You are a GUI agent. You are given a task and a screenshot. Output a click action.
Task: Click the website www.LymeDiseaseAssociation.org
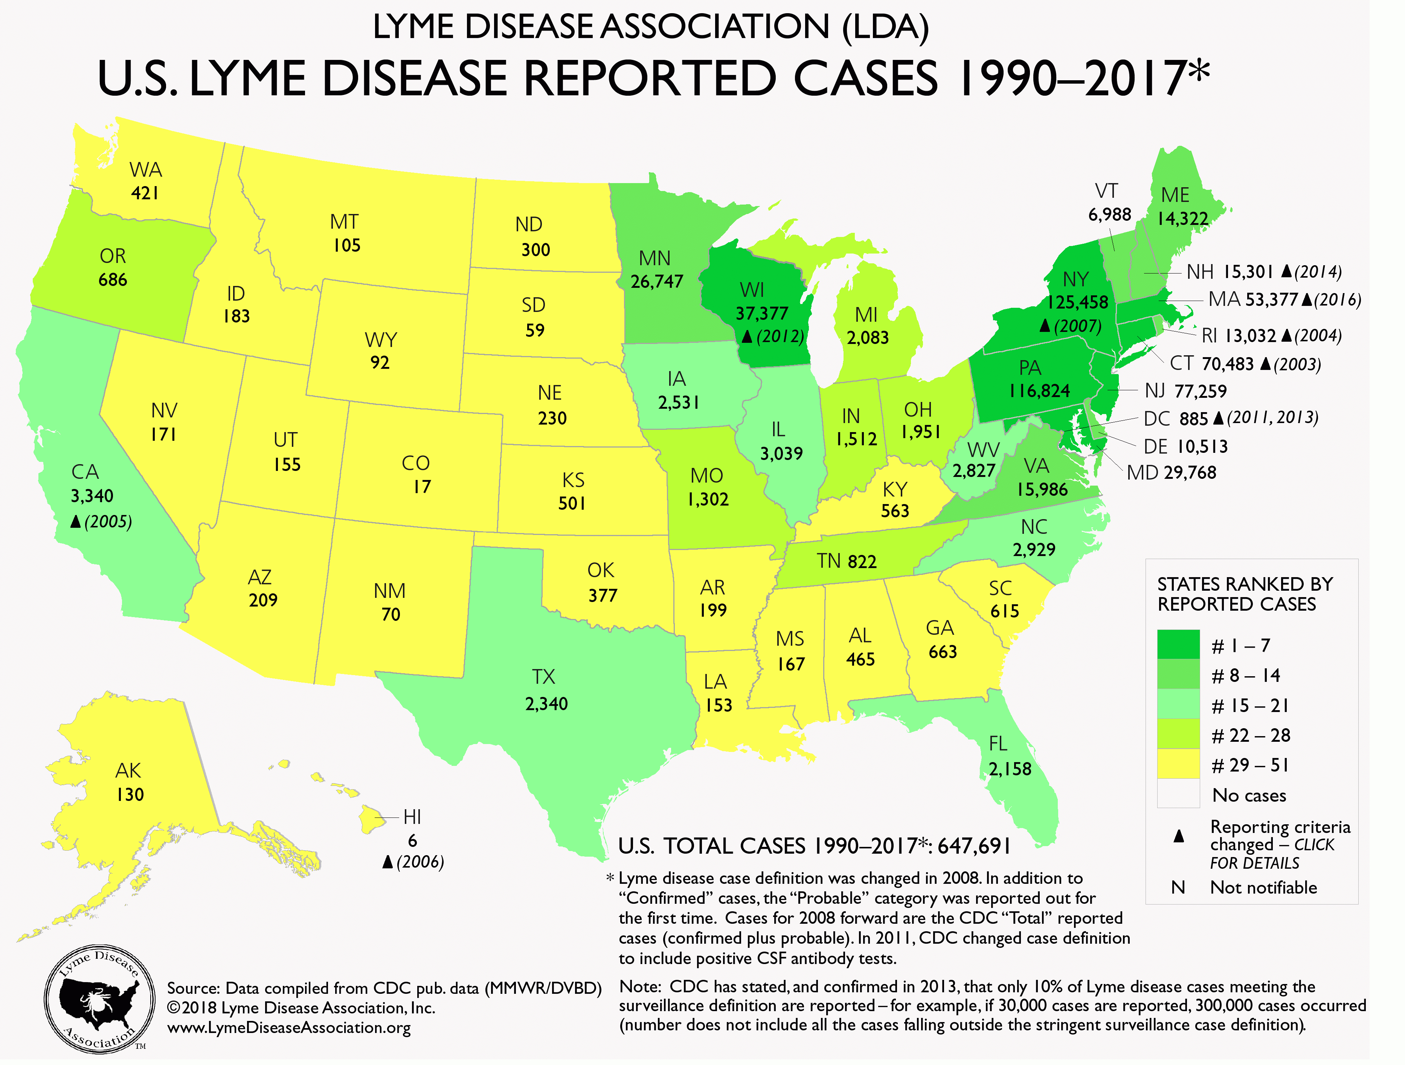pos(288,1027)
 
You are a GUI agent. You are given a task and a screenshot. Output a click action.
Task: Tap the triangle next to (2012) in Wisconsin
pos(747,336)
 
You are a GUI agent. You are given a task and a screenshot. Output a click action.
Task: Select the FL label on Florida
pos(998,744)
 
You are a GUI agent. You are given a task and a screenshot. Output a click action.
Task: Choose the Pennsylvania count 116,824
pos(1039,391)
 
